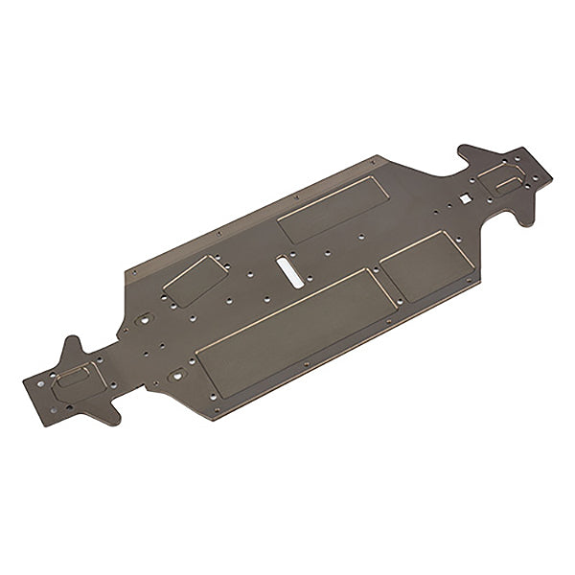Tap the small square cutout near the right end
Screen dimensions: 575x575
point(464,198)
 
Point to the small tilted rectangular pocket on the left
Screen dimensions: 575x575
point(194,282)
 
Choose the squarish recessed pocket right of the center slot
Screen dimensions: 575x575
point(423,264)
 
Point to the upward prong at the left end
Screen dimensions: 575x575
point(72,345)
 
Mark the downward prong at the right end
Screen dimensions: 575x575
point(525,218)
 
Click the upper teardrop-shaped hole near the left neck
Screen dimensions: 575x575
point(146,319)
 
